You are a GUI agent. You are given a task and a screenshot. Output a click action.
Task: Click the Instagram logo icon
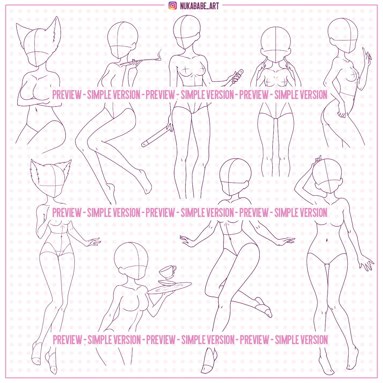[x=173, y=6]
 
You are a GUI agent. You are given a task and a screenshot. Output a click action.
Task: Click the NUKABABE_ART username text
[x=199, y=6]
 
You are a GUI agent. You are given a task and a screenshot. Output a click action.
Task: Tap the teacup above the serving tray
[x=168, y=272]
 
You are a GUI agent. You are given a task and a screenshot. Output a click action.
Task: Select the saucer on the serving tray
[x=167, y=283]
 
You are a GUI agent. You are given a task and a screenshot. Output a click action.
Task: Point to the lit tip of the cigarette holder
[x=159, y=59]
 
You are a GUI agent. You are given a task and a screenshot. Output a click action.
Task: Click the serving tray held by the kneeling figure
[x=169, y=288]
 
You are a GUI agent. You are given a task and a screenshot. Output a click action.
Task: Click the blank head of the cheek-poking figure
[x=275, y=45]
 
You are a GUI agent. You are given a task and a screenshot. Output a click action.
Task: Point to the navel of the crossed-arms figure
[x=36, y=109]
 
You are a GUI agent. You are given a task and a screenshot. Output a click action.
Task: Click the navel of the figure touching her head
[x=326, y=241]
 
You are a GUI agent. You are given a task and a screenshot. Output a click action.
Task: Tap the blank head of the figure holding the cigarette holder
[x=123, y=40]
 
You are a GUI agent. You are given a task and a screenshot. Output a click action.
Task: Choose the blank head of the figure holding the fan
[x=186, y=32]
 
